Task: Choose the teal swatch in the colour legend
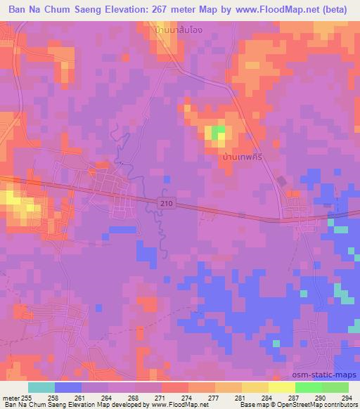click(41, 387)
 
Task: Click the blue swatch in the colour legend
click(68, 387)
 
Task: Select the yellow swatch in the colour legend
click(255, 387)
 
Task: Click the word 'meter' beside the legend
click(12, 397)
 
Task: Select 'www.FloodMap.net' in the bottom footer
click(179, 405)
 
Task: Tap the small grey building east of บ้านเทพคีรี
click(281, 181)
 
